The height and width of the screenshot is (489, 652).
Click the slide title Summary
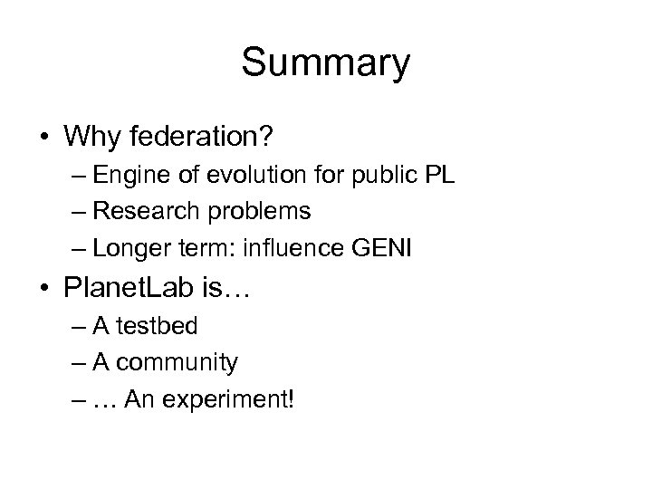click(x=326, y=63)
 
